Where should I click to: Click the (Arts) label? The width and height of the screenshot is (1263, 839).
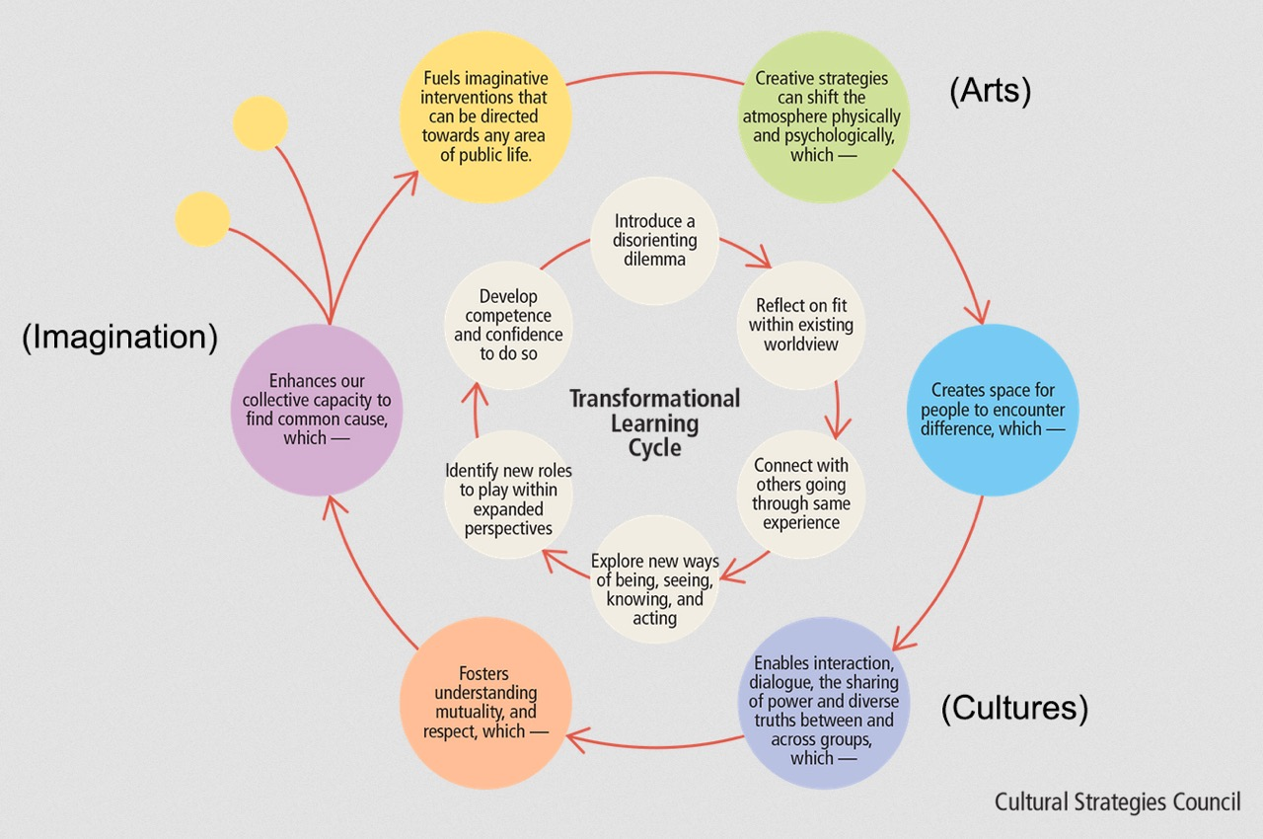click(990, 91)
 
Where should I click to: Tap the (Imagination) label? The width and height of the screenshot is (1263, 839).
click(119, 337)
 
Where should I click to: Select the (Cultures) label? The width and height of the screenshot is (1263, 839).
click(1014, 708)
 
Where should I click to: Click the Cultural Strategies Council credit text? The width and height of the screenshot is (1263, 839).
click(1117, 801)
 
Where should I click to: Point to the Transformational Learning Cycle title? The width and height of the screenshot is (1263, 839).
click(654, 422)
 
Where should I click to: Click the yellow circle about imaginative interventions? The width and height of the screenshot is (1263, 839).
click(484, 116)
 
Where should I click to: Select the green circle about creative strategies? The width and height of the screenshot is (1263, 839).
click(822, 116)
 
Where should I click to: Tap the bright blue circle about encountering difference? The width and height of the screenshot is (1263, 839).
click(992, 409)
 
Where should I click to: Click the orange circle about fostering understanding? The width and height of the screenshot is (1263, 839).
click(485, 703)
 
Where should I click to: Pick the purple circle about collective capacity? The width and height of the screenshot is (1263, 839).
click(317, 409)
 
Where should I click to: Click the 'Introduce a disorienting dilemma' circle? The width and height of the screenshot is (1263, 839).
click(654, 241)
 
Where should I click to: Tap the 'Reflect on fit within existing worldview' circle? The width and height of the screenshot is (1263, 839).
click(800, 324)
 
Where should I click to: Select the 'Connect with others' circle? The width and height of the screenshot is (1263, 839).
click(800, 493)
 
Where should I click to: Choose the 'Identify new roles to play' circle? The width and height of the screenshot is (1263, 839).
click(508, 493)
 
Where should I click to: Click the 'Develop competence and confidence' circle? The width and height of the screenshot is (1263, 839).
click(508, 324)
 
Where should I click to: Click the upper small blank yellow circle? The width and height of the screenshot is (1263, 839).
click(260, 124)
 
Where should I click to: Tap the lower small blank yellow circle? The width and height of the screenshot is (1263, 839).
click(202, 219)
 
